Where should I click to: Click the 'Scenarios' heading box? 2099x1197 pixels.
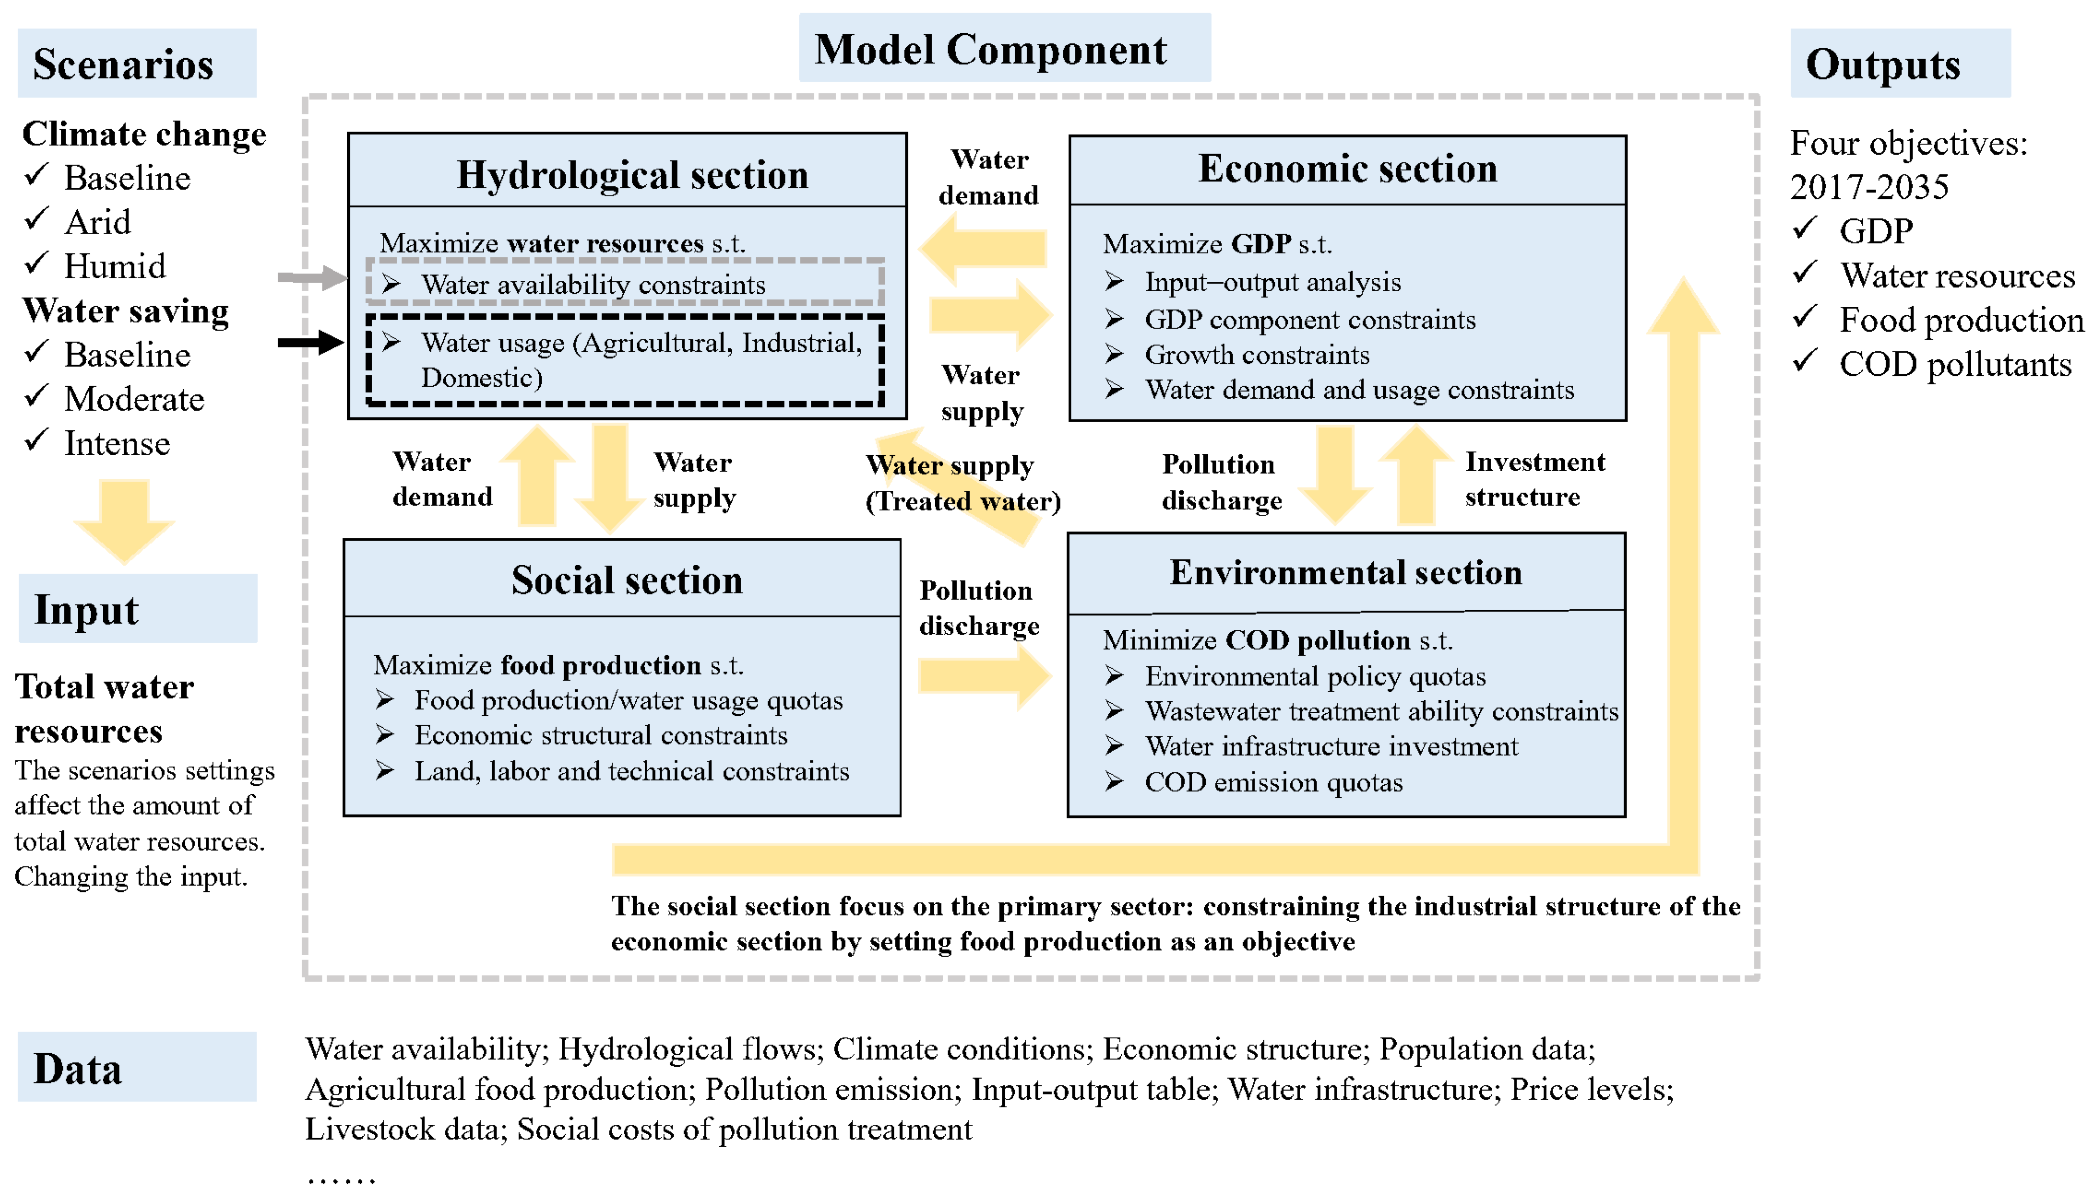(x=137, y=63)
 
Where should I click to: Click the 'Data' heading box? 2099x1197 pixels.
(x=137, y=1067)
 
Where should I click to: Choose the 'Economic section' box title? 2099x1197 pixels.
(x=1347, y=169)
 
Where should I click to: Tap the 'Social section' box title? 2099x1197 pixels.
(x=626, y=580)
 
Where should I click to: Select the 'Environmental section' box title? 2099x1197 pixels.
(x=1345, y=572)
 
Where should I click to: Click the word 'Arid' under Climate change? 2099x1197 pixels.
(x=97, y=222)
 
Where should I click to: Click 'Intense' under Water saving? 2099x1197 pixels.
(x=117, y=444)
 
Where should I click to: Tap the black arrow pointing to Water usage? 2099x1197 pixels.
(x=311, y=342)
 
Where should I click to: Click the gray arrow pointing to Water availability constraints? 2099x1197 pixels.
(x=311, y=278)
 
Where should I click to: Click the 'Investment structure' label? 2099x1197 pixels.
(x=1534, y=479)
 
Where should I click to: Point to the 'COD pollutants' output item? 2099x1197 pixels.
(x=1954, y=364)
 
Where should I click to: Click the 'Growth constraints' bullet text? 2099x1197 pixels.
(x=1257, y=355)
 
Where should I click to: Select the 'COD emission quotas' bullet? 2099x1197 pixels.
(x=1273, y=782)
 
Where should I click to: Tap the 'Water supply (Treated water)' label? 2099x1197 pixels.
(x=962, y=483)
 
